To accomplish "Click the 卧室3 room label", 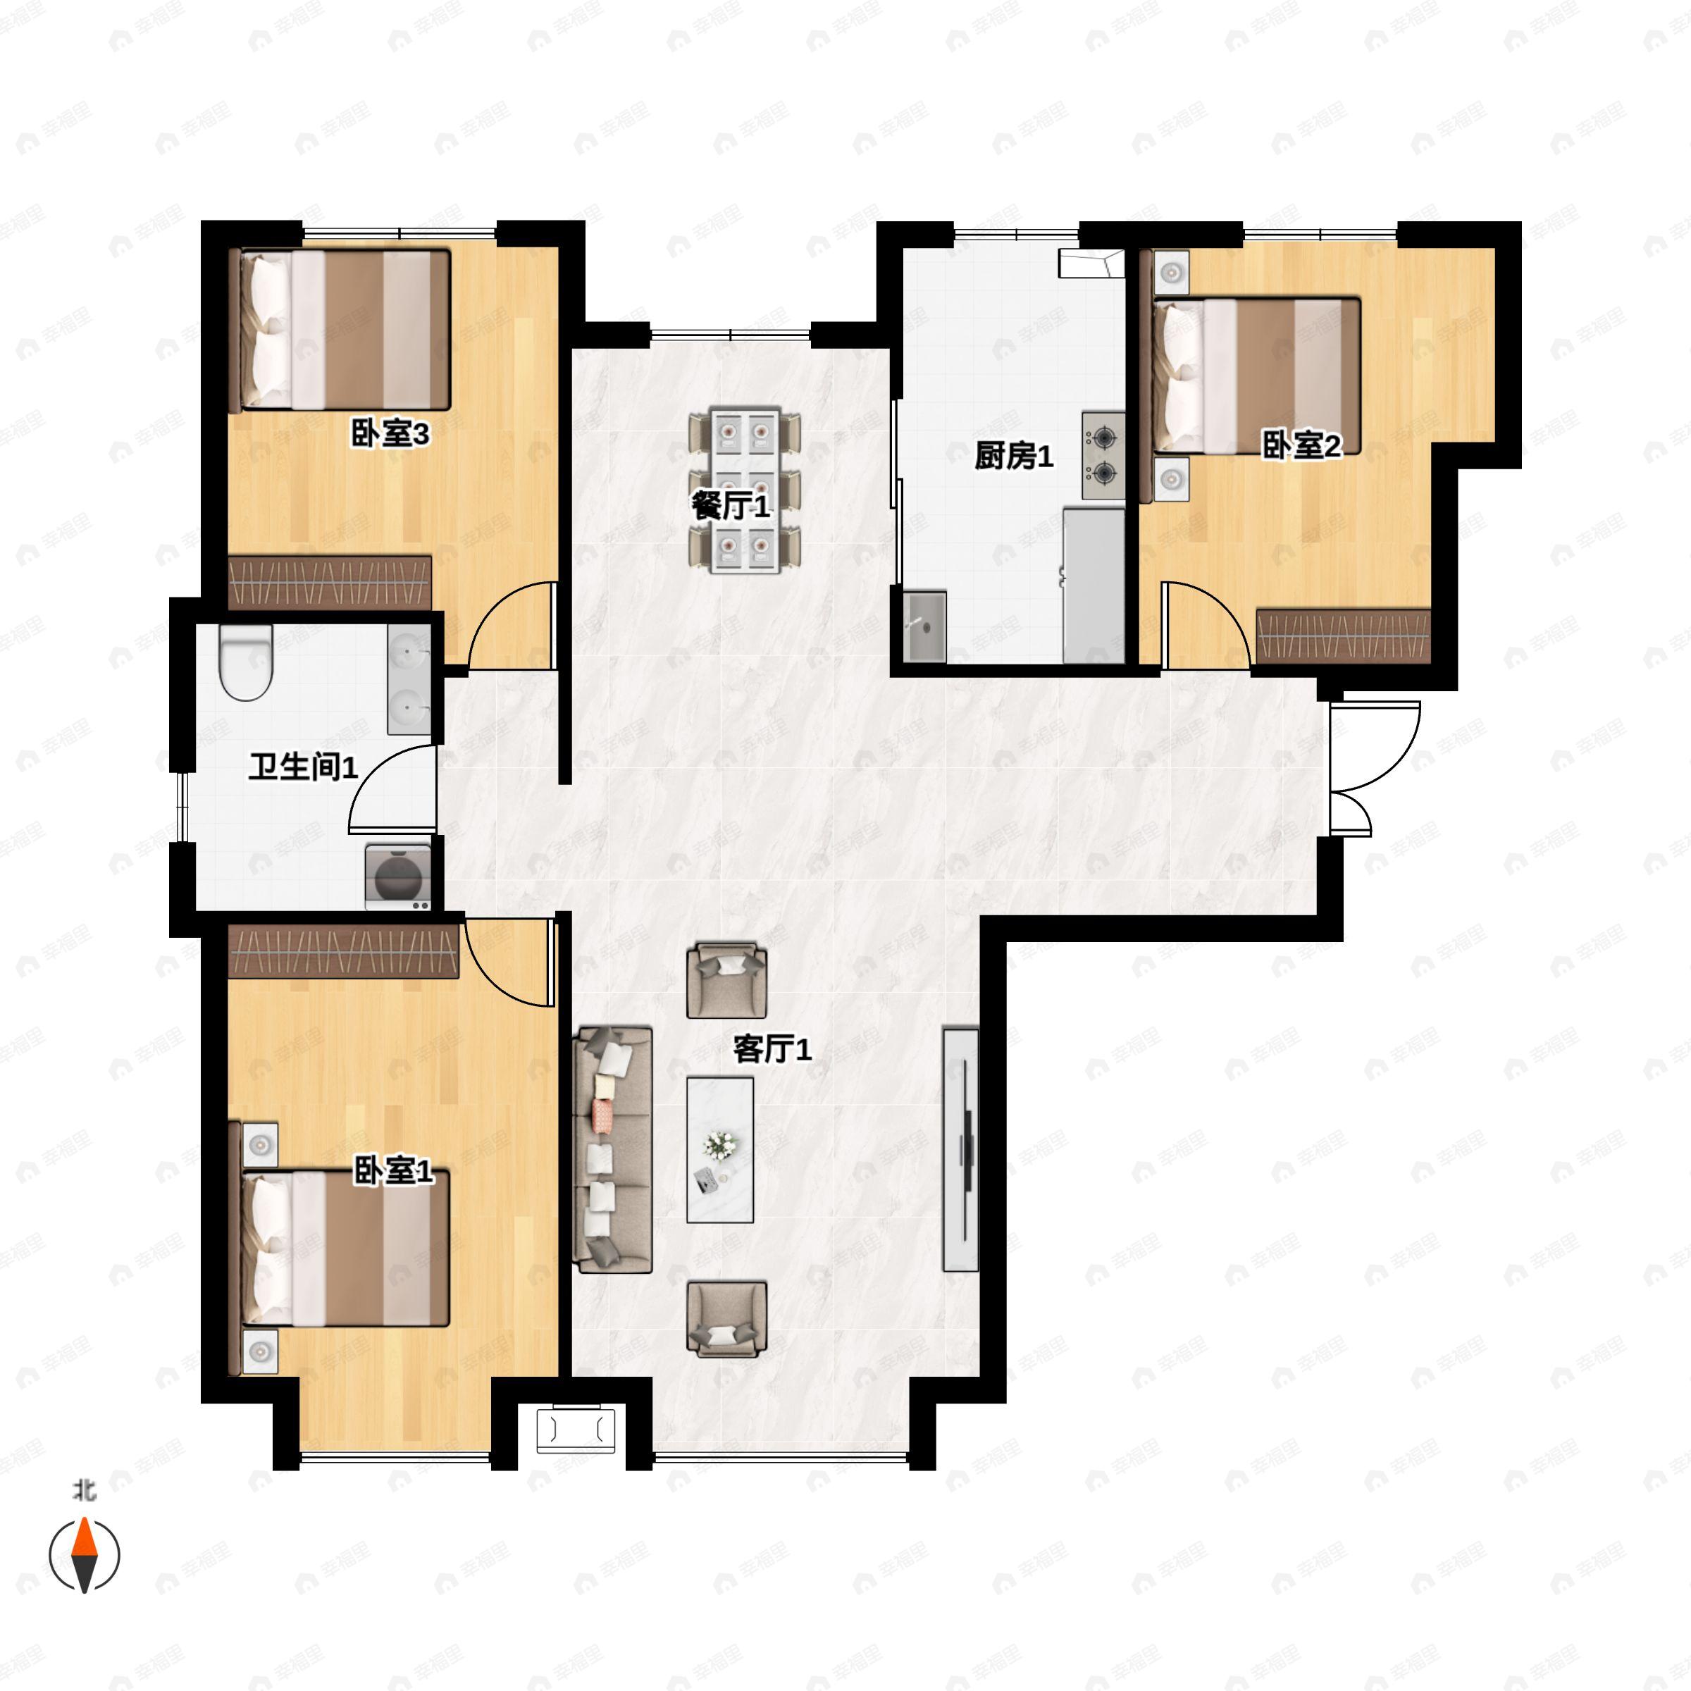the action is click(390, 433).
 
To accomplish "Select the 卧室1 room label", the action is click(393, 1170).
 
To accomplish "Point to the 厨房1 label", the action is click(1014, 455).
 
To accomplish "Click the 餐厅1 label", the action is click(731, 505).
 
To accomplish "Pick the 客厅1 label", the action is click(772, 1048).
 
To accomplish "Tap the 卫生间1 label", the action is click(303, 767).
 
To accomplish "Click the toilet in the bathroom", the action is click(247, 662).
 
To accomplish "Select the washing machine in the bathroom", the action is click(398, 876).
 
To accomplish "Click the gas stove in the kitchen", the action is click(1103, 455).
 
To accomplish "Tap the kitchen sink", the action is click(924, 626).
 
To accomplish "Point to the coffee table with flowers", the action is click(720, 1149).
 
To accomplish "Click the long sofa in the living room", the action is click(613, 1150).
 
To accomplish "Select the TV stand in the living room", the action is click(960, 1149).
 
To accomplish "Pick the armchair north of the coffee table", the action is click(726, 980).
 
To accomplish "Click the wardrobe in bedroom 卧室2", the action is click(1344, 636).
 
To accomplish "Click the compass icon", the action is click(84, 1555).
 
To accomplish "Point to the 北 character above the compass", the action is click(84, 1489).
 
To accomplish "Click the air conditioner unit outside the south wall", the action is click(576, 1430).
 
